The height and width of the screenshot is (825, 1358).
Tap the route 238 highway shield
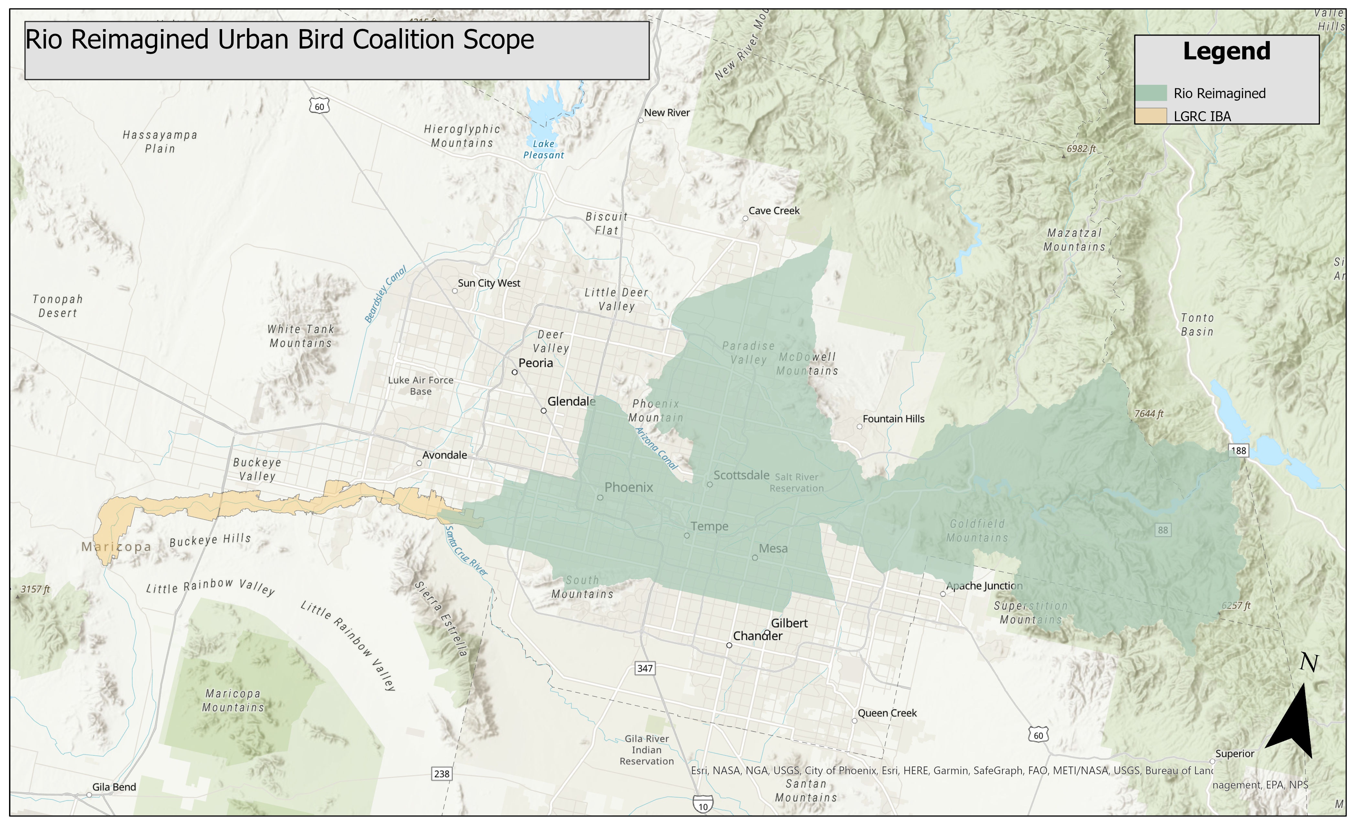441,774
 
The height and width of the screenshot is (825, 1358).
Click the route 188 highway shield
1238,451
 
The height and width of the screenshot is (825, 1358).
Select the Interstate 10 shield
703,805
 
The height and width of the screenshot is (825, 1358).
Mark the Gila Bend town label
114,787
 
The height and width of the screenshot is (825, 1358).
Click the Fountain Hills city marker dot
859,427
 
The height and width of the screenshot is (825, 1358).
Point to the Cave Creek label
774,211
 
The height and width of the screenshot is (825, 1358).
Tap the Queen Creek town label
887,713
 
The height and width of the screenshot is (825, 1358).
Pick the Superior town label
1234,754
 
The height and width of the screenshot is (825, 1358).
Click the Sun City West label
489,283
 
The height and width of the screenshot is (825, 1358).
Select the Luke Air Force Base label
421,385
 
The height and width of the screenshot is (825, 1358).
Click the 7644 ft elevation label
1148,413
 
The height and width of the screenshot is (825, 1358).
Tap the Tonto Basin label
1197,325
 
